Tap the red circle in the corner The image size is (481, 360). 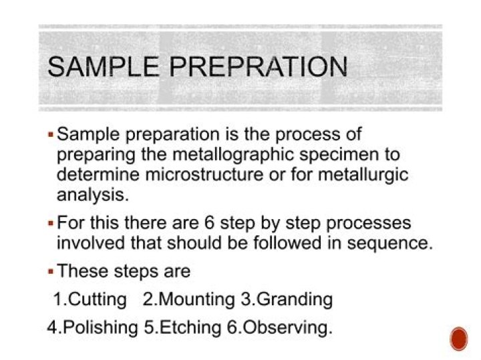(x=459, y=338)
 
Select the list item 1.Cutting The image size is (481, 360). (x=90, y=299)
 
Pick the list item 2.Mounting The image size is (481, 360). (x=189, y=299)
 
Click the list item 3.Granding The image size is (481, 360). (x=286, y=299)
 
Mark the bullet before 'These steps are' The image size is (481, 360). (x=51, y=273)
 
